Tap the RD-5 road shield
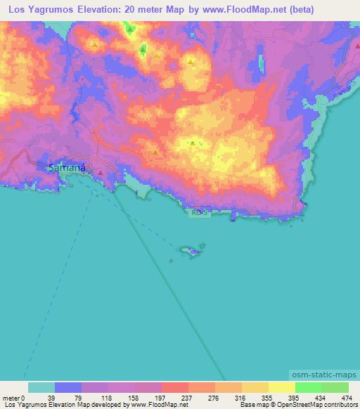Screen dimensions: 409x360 (x=199, y=212)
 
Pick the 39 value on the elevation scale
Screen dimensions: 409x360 (x=50, y=398)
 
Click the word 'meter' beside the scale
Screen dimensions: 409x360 (x=10, y=398)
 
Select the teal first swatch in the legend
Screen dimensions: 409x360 (x=41, y=387)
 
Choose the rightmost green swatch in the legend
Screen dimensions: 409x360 (x=335, y=387)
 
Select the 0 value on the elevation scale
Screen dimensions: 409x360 (x=23, y=398)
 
